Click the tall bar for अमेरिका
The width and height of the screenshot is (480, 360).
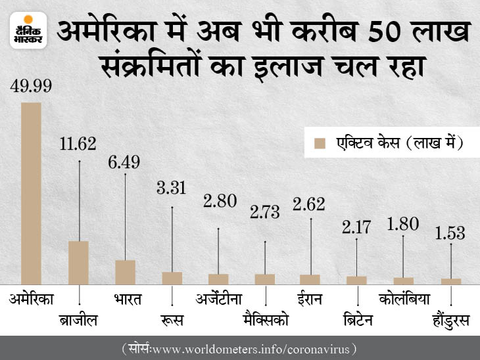coord(31,192)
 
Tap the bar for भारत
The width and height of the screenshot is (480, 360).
coord(125,271)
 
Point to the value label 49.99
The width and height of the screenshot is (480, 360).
coord(30,86)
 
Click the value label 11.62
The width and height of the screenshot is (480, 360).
coord(78,143)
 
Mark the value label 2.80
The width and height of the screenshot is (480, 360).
coord(220,202)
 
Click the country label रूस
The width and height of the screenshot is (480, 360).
coord(172,320)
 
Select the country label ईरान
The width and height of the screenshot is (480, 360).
coord(310,300)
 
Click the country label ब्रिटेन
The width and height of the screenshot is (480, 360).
coord(357,320)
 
